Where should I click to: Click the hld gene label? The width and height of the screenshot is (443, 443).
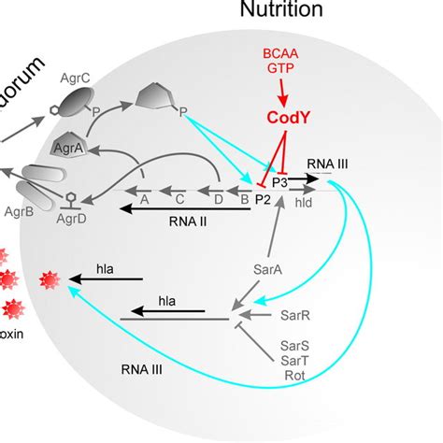coord(303,199)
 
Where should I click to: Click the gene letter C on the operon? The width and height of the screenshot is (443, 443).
coord(179,198)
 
